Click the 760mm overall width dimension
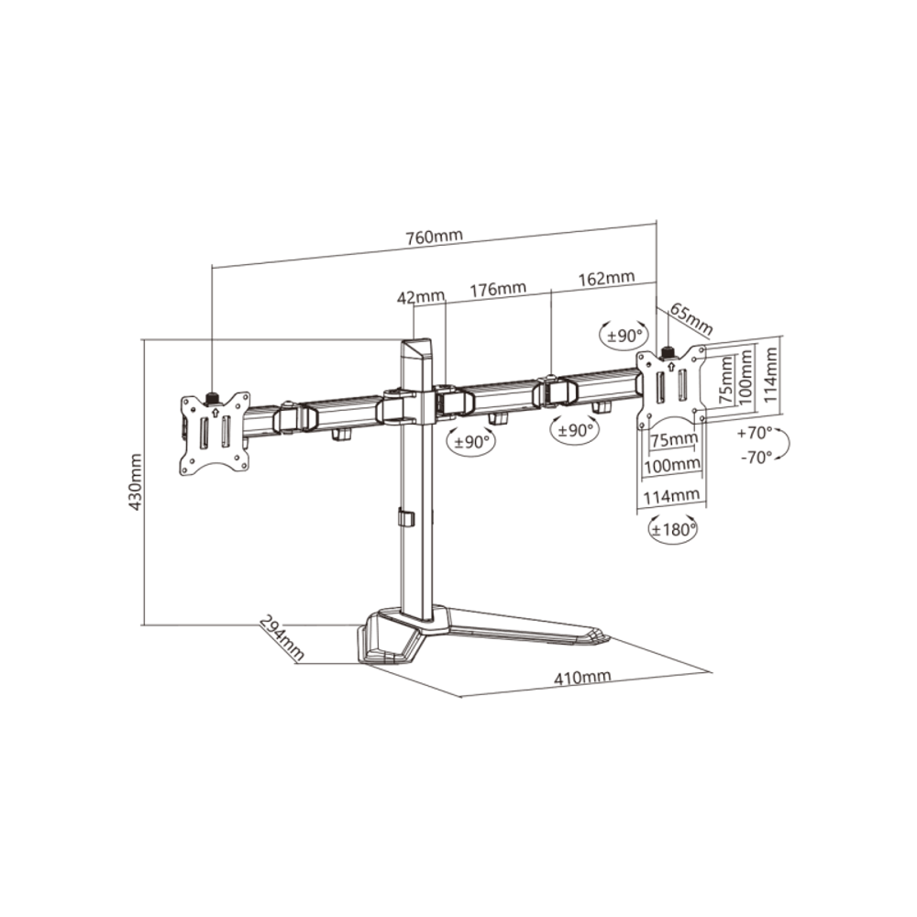click(434, 237)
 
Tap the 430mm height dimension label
click(135, 481)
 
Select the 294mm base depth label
click(282, 637)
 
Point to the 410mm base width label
click(582, 678)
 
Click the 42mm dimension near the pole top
click(421, 297)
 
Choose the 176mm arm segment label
click(498, 288)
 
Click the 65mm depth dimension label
click(691, 319)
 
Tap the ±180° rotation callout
click(674, 530)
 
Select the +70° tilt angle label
click(755, 434)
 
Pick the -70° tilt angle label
click(757, 458)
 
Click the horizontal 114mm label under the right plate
click(671, 496)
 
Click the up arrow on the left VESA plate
click(215, 413)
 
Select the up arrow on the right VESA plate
click(669, 367)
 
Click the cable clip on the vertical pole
click(405, 517)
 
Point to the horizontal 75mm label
click(674, 439)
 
